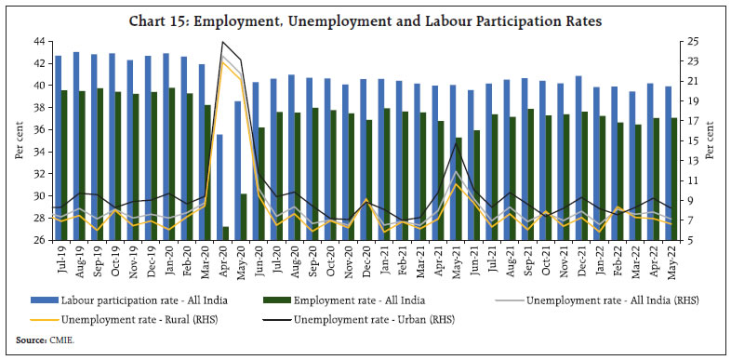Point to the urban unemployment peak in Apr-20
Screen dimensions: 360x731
click(x=222, y=42)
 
